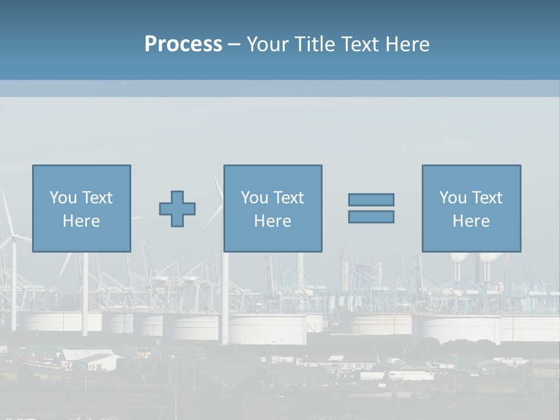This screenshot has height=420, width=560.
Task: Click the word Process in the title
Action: [183, 44]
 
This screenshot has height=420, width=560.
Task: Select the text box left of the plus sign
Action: [82, 208]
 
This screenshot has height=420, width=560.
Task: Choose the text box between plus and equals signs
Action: [272, 208]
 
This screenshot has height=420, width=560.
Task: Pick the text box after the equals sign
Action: [471, 208]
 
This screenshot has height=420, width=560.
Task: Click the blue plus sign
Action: [177, 208]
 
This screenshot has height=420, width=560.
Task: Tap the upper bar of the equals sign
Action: [371, 199]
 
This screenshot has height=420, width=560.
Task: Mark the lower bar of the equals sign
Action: [371, 216]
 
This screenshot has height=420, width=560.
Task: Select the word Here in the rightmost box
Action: [471, 221]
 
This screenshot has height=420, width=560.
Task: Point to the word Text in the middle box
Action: [289, 198]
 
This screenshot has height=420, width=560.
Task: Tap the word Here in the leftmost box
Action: [82, 221]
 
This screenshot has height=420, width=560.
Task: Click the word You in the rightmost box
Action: [452, 198]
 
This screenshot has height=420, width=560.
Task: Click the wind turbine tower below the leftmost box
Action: [85, 292]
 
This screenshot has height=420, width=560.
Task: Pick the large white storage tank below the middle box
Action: [267, 330]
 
